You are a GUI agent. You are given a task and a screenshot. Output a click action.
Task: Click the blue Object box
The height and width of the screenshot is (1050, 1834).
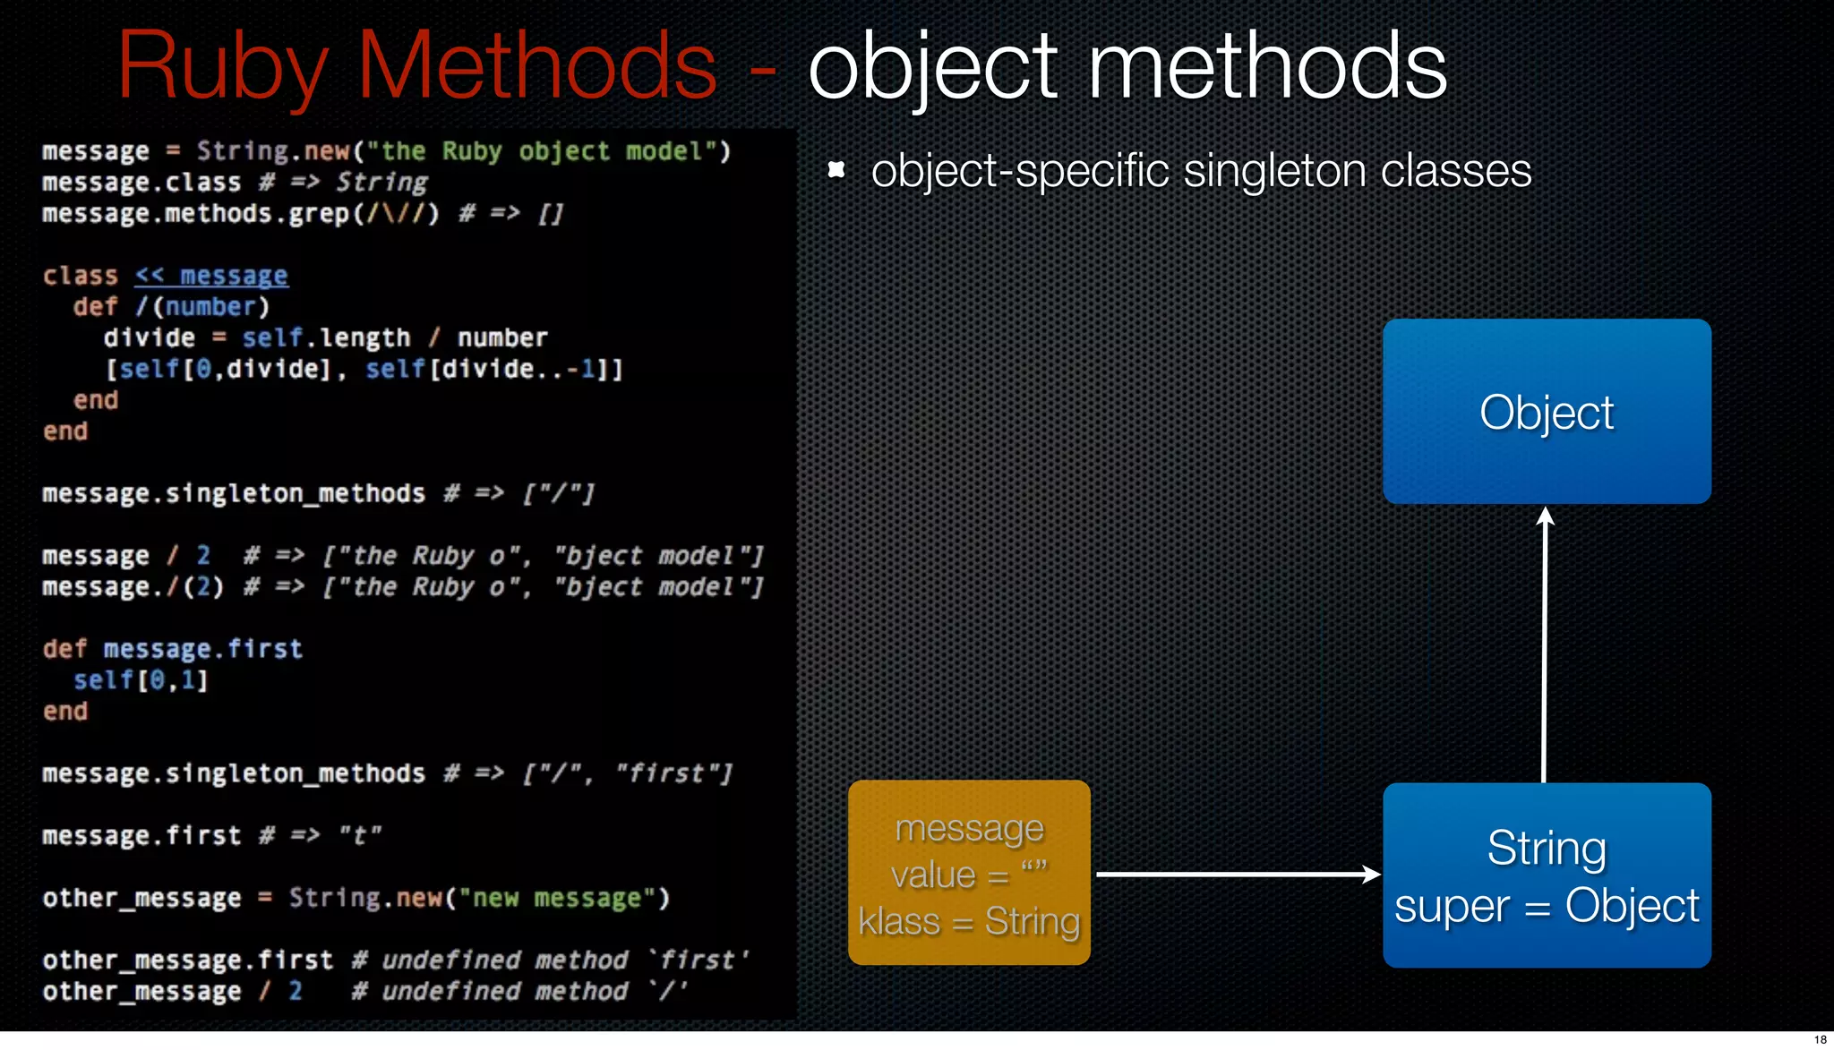(1547, 412)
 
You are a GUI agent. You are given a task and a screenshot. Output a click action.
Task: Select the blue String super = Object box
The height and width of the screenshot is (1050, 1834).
(1547, 875)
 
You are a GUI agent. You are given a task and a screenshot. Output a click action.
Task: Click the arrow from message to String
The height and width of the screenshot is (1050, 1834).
(1236, 874)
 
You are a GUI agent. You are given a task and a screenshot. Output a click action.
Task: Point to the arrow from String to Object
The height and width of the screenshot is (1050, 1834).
(1545, 645)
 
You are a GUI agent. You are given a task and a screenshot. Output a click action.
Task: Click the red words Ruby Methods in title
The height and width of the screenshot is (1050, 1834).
(416, 66)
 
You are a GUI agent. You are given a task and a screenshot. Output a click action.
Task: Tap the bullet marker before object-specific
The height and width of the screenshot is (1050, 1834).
(836, 170)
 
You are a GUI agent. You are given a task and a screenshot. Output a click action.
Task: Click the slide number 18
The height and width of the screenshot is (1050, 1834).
(1820, 1039)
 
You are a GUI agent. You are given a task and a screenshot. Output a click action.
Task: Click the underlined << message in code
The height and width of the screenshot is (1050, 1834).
(211, 276)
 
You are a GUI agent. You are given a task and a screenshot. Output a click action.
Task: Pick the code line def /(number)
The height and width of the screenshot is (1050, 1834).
(171, 307)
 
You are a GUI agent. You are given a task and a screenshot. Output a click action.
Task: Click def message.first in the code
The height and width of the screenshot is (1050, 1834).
(173, 649)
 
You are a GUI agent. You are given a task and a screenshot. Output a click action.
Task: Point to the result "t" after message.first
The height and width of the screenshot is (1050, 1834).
(360, 836)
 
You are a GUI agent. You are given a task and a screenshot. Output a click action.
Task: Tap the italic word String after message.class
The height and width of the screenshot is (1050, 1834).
(382, 183)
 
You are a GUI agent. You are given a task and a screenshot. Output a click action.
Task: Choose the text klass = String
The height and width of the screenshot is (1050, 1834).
(969, 922)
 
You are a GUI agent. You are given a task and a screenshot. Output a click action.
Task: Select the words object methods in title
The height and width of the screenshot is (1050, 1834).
(1127, 66)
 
